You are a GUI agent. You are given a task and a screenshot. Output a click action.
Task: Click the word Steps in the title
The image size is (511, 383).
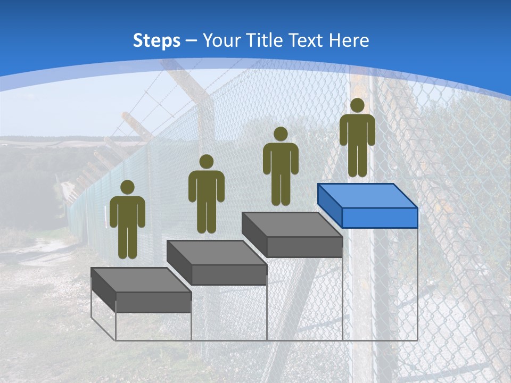pos(156,41)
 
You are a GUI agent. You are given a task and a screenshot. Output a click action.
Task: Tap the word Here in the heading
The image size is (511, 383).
pos(349,40)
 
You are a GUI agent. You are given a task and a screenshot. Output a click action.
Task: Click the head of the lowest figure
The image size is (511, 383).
pos(127,187)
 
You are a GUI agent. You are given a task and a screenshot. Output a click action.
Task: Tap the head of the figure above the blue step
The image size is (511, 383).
pos(357,105)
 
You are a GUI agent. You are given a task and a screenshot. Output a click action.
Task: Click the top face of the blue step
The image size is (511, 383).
pos(367,196)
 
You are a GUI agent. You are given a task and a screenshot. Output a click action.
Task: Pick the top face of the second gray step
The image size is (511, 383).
pos(216,252)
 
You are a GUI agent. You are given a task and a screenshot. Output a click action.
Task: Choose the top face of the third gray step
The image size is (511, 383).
pos(292,224)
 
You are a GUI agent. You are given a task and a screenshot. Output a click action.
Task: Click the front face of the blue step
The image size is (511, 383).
pos(380,218)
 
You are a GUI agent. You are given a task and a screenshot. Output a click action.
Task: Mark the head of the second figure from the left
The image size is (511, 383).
pos(206,162)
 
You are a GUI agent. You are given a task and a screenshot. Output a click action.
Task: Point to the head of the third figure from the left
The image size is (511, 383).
pos(281,134)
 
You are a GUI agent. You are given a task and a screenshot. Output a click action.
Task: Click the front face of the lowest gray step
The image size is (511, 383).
pos(153,302)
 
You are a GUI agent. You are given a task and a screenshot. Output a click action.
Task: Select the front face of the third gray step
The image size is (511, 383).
pos(304,247)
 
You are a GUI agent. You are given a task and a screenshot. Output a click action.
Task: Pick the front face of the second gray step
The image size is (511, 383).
pos(229,274)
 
